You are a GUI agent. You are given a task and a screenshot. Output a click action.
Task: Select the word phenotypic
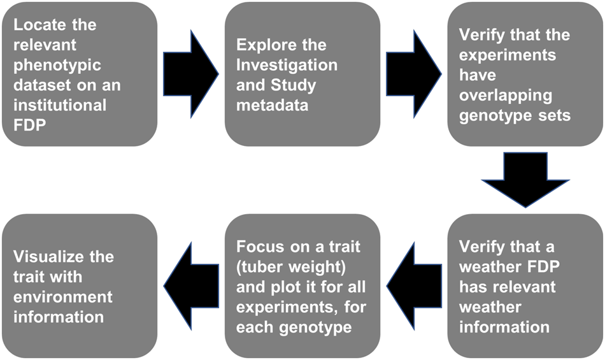52,65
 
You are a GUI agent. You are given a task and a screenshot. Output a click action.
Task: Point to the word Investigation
287,65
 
